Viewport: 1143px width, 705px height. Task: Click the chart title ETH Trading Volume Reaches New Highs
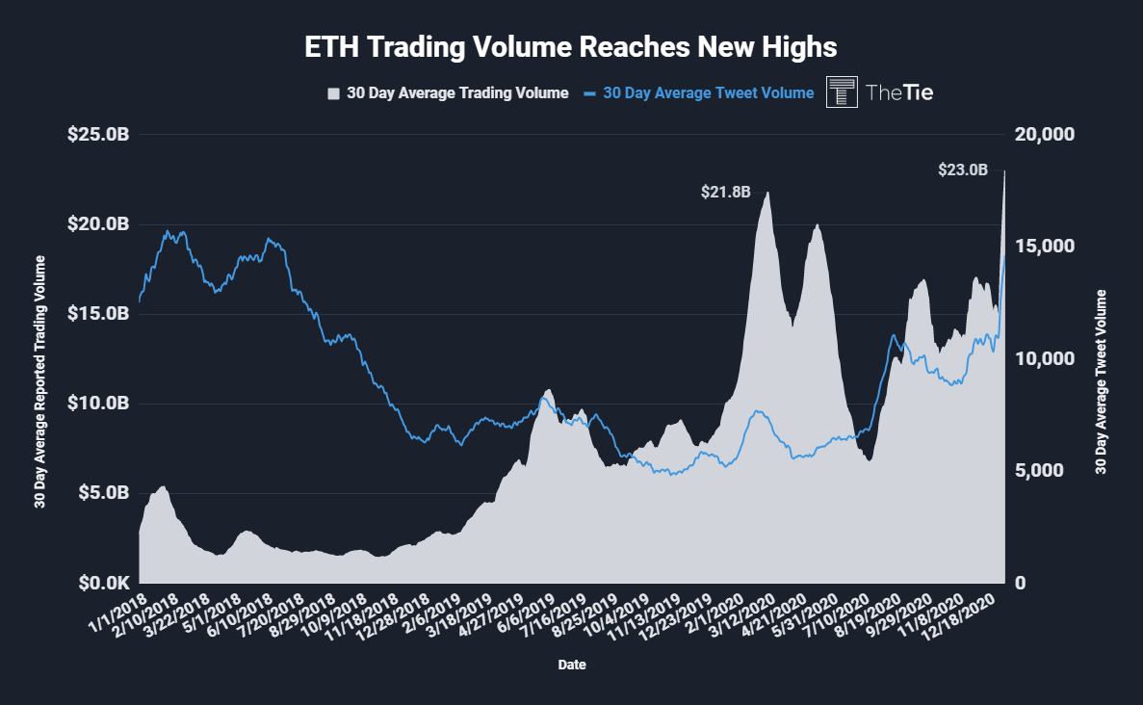(571, 46)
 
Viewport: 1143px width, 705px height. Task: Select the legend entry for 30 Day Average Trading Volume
(449, 93)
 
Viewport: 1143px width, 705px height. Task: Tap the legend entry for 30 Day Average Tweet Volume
(700, 93)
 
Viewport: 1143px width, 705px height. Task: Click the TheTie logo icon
(843, 92)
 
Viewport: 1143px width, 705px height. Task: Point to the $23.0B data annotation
(963, 170)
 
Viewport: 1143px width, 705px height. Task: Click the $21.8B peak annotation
(724, 192)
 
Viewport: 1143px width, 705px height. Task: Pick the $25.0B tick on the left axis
(97, 135)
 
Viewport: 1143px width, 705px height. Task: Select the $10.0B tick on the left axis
(97, 404)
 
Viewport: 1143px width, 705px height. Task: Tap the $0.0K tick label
(99, 584)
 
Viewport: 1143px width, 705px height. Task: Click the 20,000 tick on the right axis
(1045, 135)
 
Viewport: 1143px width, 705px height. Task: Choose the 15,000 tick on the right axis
(1045, 247)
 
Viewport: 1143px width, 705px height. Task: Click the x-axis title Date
(571, 665)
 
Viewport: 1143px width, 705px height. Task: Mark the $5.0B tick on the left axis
(99, 493)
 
